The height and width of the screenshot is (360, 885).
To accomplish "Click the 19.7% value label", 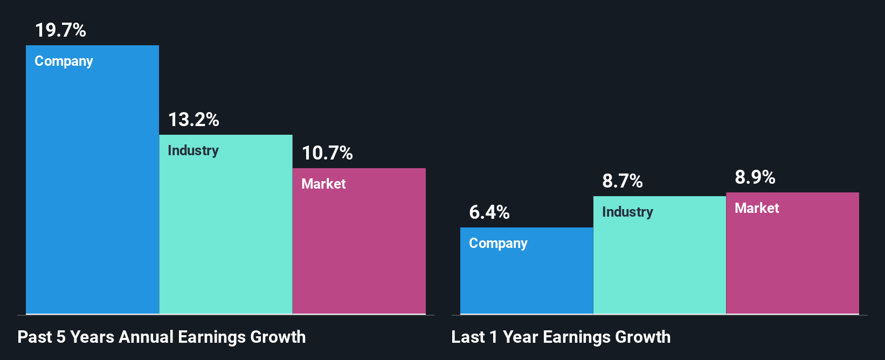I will pyautogui.click(x=60, y=30).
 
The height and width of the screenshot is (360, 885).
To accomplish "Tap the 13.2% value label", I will pyautogui.click(x=193, y=120).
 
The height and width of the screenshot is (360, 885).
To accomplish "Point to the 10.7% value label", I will pyautogui.click(x=327, y=153).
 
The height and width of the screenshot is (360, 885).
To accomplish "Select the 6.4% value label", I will pyautogui.click(x=489, y=212).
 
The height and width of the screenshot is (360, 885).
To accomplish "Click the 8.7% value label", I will pyautogui.click(x=623, y=181).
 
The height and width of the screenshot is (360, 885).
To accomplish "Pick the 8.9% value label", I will pyautogui.click(x=755, y=177).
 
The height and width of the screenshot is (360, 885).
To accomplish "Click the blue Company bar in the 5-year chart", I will pyautogui.click(x=92, y=189).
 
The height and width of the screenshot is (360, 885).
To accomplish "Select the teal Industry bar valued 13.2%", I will pyautogui.click(x=226, y=232).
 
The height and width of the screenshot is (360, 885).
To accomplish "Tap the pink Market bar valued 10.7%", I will pyautogui.click(x=359, y=248).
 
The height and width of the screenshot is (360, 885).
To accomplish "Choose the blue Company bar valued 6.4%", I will pyautogui.click(x=527, y=278).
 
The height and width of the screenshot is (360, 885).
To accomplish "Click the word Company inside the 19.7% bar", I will pyautogui.click(x=64, y=61).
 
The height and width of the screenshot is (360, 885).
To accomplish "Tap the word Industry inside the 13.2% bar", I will pyautogui.click(x=193, y=150).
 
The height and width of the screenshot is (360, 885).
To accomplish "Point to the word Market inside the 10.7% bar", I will pyautogui.click(x=323, y=184).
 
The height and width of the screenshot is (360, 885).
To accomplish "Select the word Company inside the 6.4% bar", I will pyautogui.click(x=498, y=244).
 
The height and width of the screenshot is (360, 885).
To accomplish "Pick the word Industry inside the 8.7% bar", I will pyautogui.click(x=627, y=212).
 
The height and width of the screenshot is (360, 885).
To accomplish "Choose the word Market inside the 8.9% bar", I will pyautogui.click(x=757, y=208).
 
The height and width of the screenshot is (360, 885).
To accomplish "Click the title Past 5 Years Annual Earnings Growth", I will pyautogui.click(x=162, y=337).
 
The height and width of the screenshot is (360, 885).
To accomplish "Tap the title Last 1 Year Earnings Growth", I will pyautogui.click(x=561, y=337).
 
